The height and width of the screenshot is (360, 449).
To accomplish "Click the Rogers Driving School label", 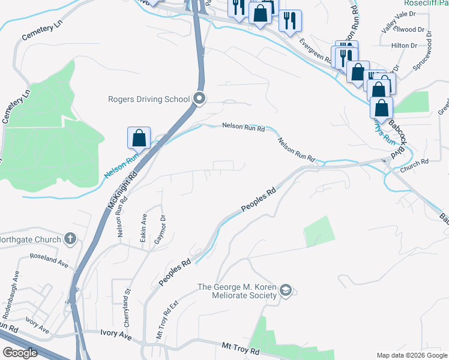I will point(148,99).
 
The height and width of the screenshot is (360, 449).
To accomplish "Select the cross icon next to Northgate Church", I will point(70,239).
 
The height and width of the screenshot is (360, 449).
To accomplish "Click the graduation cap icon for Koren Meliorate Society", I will point(286,291).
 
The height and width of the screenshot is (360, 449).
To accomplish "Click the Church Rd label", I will point(416,161).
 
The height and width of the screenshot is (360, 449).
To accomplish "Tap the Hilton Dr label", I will point(404,46).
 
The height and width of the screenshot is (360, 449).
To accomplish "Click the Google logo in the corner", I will point(20,353).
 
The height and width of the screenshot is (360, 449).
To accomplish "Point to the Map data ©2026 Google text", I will point(411,355).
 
